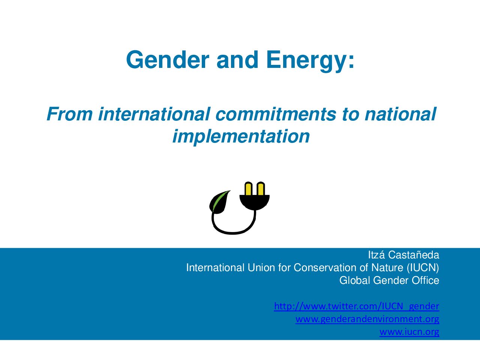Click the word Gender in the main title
pyautogui.click(x=168, y=60)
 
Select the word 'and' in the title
pyautogui.click(x=237, y=60)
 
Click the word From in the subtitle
pyautogui.click(x=69, y=114)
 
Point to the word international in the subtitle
pyautogui.click(x=154, y=114)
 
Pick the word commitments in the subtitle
pyautogui.click(x=276, y=114)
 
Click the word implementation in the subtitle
pyautogui.click(x=241, y=136)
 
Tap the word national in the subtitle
pyautogui.click(x=400, y=114)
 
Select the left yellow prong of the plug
pyautogui.click(x=248, y=188)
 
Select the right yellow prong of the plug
pyautogui.click(x=261, y=188)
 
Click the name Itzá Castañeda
pyautogui.click(x=403, y=255)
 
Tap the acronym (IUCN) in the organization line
pyautogui.click(x=423, y=267)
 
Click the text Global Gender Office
pyautogui.click(x=389, y=280)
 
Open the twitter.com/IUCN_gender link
pyautogui.click(x=357, y=306)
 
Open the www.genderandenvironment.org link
pyautogui.click(x=367, y=319)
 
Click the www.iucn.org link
pyautogui.click(x=409, y=332)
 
